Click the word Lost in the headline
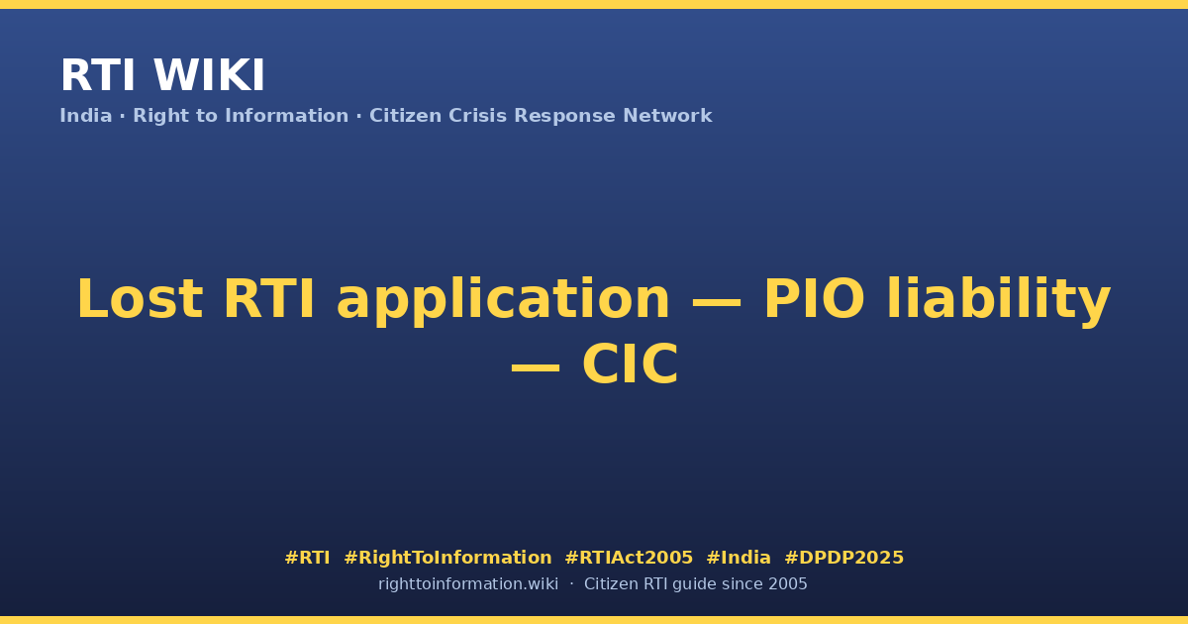click(140, 299)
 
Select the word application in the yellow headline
click(503, 301)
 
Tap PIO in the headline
click(814, 299)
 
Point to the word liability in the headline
click(999, 301)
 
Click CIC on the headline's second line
click(630, 364)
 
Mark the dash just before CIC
click(536, 367)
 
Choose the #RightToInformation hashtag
click(447, 559)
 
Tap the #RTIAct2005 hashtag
click(629, 559)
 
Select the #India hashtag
click(739, 559)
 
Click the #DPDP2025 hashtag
click(843, 559)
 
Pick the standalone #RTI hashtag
click(307, 559)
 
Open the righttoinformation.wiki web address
click(468, 584)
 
